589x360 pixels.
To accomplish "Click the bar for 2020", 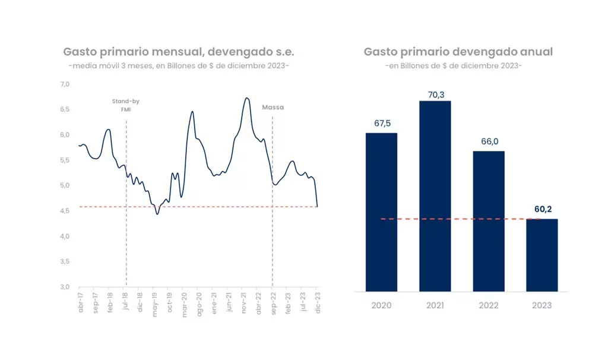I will (381, 212).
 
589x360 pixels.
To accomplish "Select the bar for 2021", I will (435, 196).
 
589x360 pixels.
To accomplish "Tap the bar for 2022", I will (489, 221).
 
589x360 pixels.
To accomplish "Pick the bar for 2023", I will (542, 255).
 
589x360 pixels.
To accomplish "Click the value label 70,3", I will (435, 94).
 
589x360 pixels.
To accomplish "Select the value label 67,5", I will (381, 124).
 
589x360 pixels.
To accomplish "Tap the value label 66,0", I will (489, 142).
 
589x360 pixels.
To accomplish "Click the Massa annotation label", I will (273, 108).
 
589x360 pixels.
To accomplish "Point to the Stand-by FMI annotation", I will (126, 105).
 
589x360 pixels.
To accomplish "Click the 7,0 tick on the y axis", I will (65, 84).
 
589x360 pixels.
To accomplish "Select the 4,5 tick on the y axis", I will (65, 210).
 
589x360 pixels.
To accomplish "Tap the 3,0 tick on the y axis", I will (65, 287).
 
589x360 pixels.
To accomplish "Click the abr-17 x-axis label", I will (80, 302).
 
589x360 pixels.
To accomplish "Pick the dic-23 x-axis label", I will (317, 302).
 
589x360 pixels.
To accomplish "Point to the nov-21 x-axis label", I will (243, 302).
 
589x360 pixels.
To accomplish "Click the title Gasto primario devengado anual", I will (458, 52).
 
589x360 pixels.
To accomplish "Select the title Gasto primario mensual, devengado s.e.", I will (179, 52).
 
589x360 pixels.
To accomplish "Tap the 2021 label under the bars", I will (435, 305).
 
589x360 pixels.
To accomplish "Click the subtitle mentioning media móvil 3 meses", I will (179, 65).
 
